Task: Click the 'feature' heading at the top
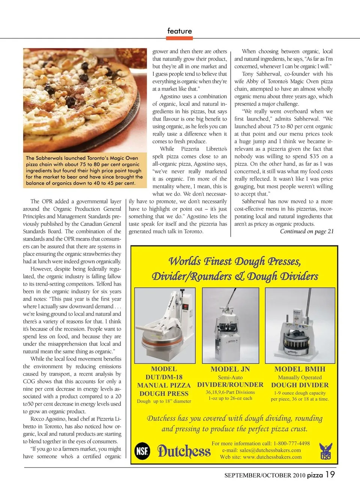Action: tap(180, 31)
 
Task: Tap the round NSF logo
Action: tap(142, 450)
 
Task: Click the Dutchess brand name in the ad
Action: tap(184, 451)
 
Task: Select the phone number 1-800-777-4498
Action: tap(291, 443)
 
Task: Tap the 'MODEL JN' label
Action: tap(230, 369)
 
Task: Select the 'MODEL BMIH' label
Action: tap(300, 369)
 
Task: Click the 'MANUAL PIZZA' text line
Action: tap(164, 385)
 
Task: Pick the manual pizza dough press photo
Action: tap(164, 326)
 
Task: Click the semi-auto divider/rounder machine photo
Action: tap(230, 326)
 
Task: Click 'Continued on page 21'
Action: tap(306, 231)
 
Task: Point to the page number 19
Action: tap(330, 475)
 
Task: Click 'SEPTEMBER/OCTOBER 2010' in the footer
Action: tap(265, 475)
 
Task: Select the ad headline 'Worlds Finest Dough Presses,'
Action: tap(235, 261)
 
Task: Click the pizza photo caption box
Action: tap(85, 171)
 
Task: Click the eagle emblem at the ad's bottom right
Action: tap(325, 451)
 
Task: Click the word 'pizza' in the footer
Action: tap(315, 475)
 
